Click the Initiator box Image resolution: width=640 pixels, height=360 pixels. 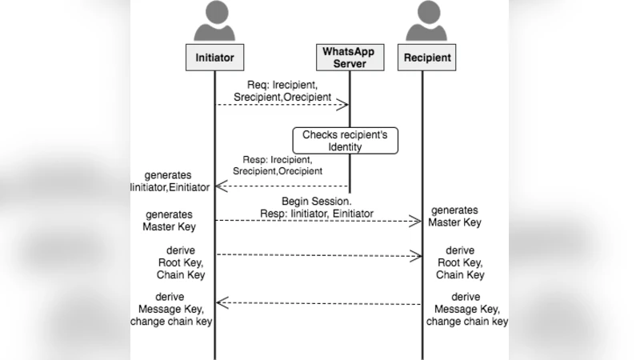214,58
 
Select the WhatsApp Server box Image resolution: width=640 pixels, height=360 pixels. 348,58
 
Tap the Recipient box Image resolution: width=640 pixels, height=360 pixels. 426,58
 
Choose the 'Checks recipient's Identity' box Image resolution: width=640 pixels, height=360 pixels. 344,141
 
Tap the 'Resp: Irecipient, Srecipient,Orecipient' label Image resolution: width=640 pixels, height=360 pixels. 278,165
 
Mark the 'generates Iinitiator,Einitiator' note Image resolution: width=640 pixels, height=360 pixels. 169,181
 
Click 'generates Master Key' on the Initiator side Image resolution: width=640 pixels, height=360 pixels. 169,220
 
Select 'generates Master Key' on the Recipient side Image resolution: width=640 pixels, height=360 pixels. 455,216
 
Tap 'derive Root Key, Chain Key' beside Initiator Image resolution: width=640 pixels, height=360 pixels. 180,262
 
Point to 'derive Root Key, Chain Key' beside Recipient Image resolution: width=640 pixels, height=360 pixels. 460,262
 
